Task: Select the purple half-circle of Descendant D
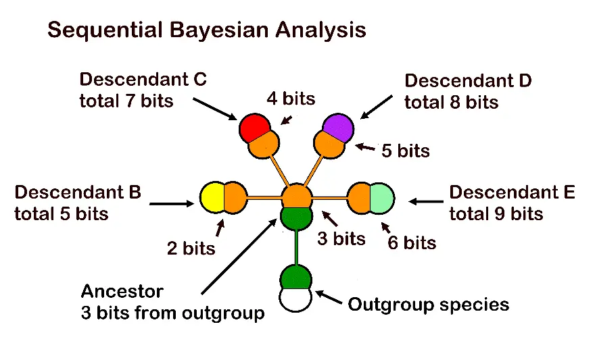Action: click(338, 125)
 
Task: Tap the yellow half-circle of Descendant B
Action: click(212, 198)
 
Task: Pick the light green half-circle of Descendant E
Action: click(381, 198)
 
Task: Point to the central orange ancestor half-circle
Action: click(296, 195)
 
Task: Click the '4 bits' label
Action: click(290, 99)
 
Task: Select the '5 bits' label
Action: click(405, 151)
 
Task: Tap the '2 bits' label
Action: click(191, 248)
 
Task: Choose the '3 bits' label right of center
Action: click(341, 238)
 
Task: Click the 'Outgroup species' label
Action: click(428, 305)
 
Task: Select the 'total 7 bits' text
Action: click(126, 101)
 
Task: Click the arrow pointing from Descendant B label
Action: click(172, 203)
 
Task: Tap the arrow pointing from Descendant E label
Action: click(425, 201)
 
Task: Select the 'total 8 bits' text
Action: click(451, 103)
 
